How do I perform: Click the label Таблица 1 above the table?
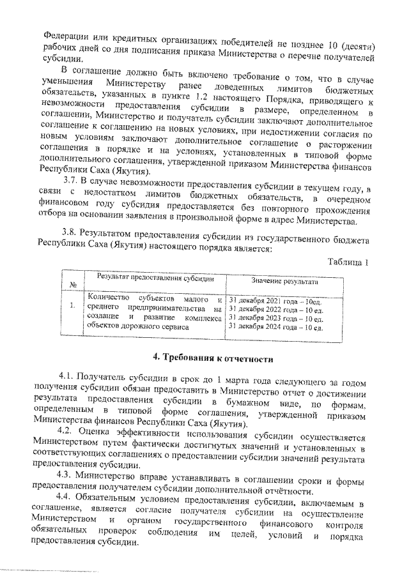348,262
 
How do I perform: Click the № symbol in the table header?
73,284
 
